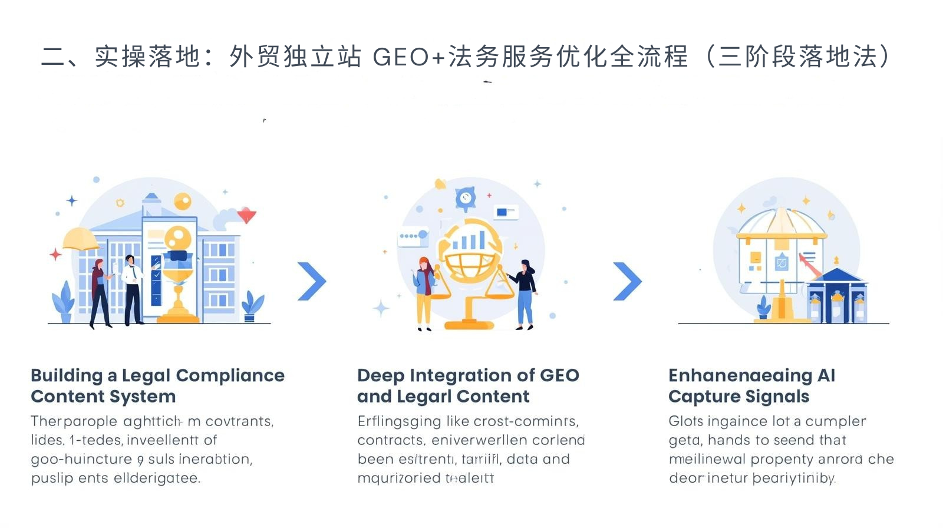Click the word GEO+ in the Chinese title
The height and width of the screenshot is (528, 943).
tap(409, 57)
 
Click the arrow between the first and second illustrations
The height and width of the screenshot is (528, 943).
tap(312, 281)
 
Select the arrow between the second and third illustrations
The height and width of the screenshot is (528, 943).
tap(628, 281)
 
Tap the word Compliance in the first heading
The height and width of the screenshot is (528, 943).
tap(230, 375)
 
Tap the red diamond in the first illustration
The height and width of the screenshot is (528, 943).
tap(246, 216)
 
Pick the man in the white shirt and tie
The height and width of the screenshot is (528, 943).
tap(133, 289)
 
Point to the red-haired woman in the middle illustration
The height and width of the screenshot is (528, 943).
tap(424, 292)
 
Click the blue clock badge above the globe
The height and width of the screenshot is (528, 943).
tap(465, 198)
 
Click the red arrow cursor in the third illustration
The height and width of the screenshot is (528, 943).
tap(809, 266)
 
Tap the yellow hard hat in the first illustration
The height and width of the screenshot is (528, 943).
tap(81, 239)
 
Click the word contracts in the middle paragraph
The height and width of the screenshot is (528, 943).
tap(390, 440)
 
